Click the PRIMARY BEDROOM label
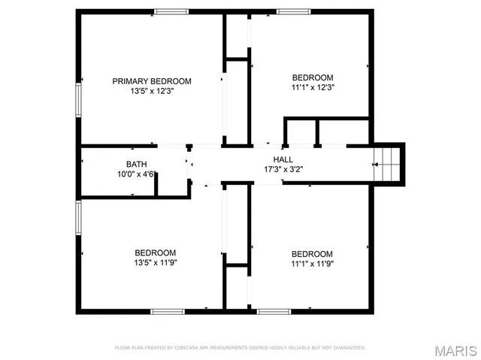pyautogui.click(x=152, y=81)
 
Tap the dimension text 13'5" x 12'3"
pyautogui.click(x=152, y=91)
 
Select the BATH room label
pyautogui.click(x=136, y=164)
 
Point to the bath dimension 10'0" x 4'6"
pyautogui.click(x=136, y=174)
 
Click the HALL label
pyautogui.click(x=283, y=159)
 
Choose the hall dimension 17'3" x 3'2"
pyautogui.click(x=283, y=169)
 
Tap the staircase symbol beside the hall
pyautogui.click(x=389, y=163)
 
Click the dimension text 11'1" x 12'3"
pyautogui.click(x=312, y=87)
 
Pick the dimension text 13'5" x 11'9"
pyautogui.click(x=156, y=263)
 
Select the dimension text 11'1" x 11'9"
pyautogui.click(x=312, y=264)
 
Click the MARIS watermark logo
pyautogui.click(x=456, y=350)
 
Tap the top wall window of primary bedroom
pyautogui.click(x=171, y=11)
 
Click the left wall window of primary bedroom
pyautogui.click(x=77, y=99)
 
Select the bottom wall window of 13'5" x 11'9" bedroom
pyautogui.click(x=168, y=310)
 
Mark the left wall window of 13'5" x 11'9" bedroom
pyautogui.click(x=77, y=218)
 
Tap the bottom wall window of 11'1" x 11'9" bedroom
pyautogui.click(x=274, y=310)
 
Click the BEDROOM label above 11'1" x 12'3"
pyautogui.click(x=312, y=77)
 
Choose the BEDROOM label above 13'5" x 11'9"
pyautogui.click(x=156, y=253)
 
